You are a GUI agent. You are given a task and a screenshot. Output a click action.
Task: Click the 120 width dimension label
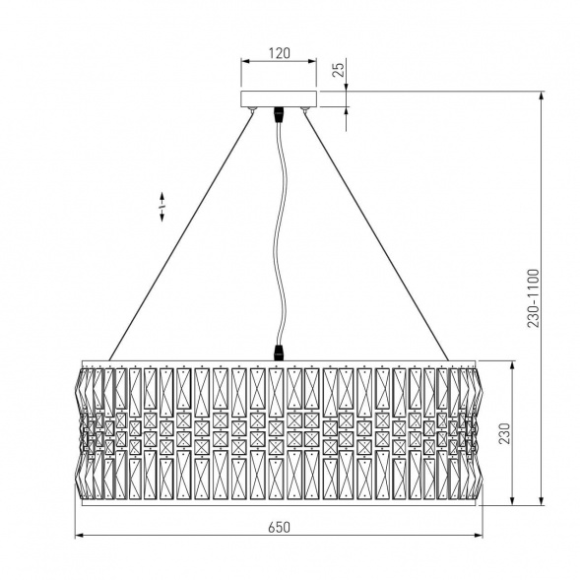point(280,53)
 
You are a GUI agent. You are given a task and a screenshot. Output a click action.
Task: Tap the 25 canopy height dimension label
point(338,69)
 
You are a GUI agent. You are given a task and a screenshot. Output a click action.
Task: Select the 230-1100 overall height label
point(534,298)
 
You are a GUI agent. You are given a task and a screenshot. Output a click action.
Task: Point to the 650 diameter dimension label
point(280,527)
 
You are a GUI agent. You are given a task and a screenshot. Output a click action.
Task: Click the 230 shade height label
point(504,433)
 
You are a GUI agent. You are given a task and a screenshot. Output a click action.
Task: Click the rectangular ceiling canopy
point(279,98)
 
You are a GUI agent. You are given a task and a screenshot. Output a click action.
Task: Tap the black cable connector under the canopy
point(279,114)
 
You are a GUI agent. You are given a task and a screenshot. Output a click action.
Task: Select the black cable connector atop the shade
point(279,353)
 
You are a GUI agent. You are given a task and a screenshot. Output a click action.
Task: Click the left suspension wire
point(181,236)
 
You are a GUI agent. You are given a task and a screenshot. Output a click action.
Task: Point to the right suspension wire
point(376,236)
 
